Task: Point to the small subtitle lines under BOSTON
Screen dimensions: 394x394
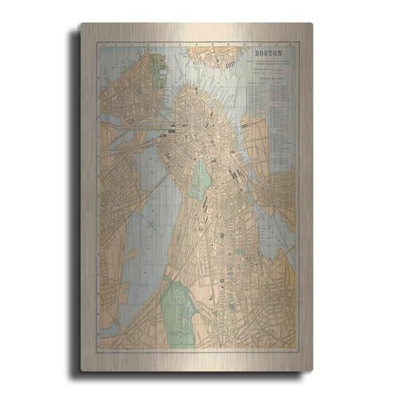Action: click(x=270, y=67)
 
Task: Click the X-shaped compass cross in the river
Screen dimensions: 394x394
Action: click(x=150, y=220)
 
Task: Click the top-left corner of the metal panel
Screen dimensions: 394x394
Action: click(x=81, y=24)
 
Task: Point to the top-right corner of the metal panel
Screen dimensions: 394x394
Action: click(x=312, y=24)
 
